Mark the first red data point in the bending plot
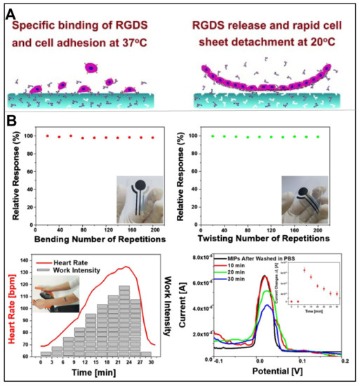(x=47, y=135)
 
